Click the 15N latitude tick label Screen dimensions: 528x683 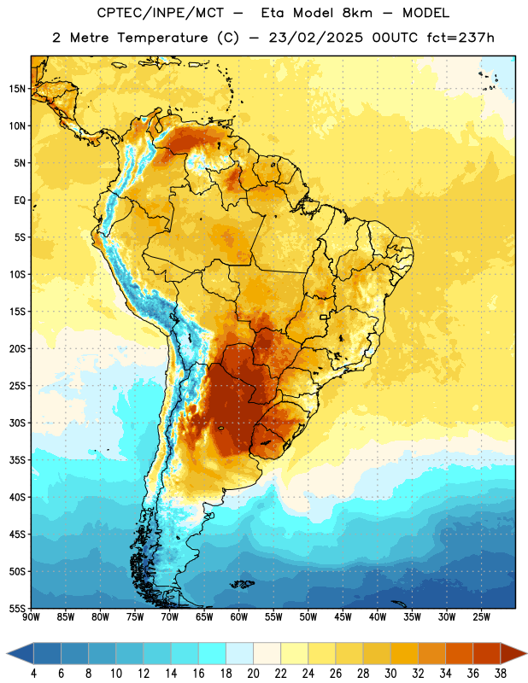[x=17, y=89]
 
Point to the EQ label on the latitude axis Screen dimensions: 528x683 [x=20, y=201]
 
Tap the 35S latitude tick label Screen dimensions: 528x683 [x=17, y=460]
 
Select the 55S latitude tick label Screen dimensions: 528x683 [x=17, y=608]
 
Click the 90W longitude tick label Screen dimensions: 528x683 [x=31, y=617]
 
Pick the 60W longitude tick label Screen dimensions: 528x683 [x=239, y=617]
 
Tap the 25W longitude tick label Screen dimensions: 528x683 [x=481, y=617]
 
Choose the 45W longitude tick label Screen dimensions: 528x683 [x=343, y=617]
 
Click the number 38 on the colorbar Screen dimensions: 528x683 [x=501, y=674]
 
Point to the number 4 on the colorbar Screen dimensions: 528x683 [x=33, y=674]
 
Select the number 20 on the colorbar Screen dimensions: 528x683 [x=253, y=674]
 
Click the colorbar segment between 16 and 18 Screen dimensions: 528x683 [x=213, y=654]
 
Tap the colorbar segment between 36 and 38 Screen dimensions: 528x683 [x=487, y=654]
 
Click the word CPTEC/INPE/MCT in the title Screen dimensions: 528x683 [x=160, y=13]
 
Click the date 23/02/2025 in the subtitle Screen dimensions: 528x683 [x=315, y=38]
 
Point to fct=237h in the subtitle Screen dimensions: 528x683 [x=461, y=38]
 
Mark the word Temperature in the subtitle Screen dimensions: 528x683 [x=162, y=38]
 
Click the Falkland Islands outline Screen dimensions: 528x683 [x=242, y=584]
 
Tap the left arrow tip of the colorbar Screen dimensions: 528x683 [x=7, y=654]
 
